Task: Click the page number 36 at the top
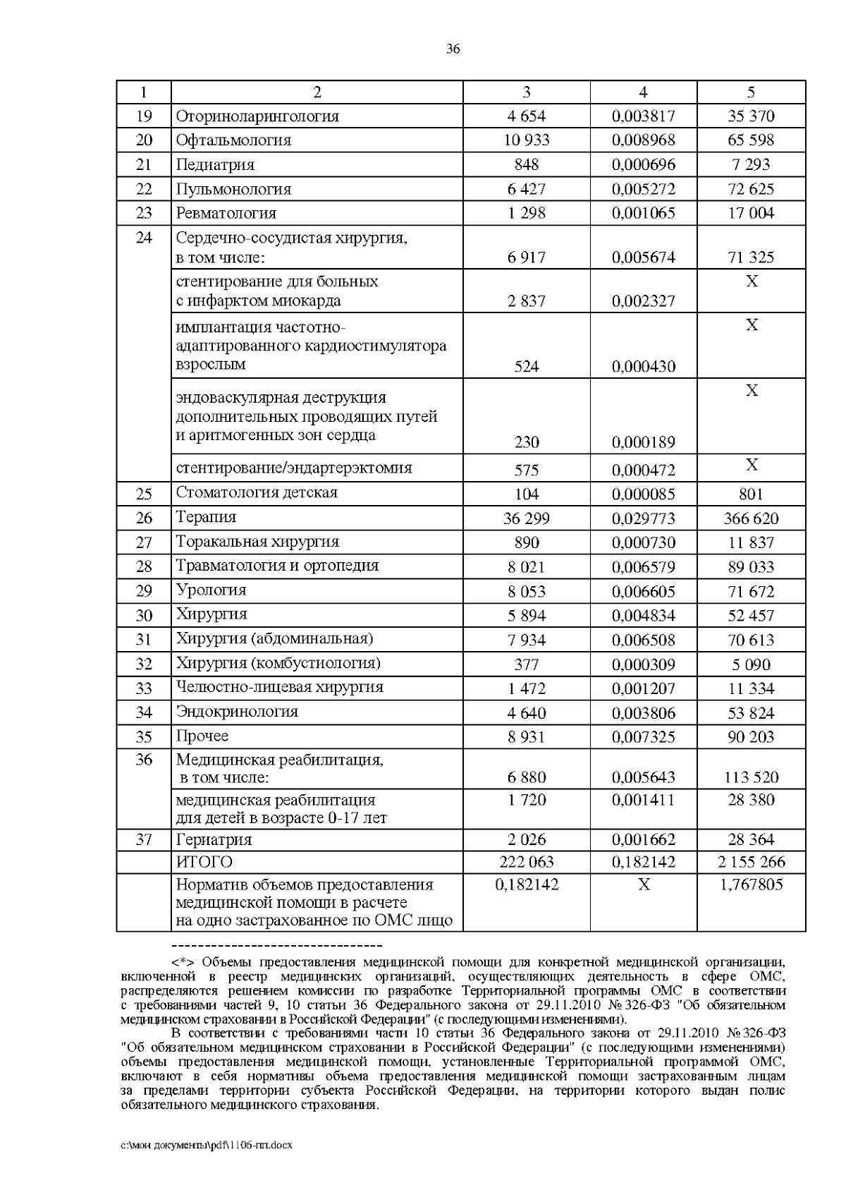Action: [453, 49]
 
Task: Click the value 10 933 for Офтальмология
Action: [527, 140]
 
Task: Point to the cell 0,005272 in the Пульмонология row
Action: [643, 189]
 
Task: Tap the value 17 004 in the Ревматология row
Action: [751, 213]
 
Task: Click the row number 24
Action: [144, 238]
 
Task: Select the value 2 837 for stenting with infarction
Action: [527, 301]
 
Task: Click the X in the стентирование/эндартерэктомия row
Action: [752, 465]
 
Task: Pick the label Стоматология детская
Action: [257, 492]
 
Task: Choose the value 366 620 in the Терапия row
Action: [751, 519]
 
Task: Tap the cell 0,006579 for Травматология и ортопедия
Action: [643, 567]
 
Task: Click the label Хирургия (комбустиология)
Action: [278, 663]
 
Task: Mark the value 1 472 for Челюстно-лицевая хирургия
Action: [527, 688]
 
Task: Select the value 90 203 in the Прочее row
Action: [751, 737]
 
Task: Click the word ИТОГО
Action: [204, 862]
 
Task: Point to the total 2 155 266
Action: [751, 862]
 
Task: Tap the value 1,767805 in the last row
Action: [751, 885]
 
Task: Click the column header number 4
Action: [643, 92]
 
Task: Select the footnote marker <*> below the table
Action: [184, 962]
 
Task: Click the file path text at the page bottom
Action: [207, 1145]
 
